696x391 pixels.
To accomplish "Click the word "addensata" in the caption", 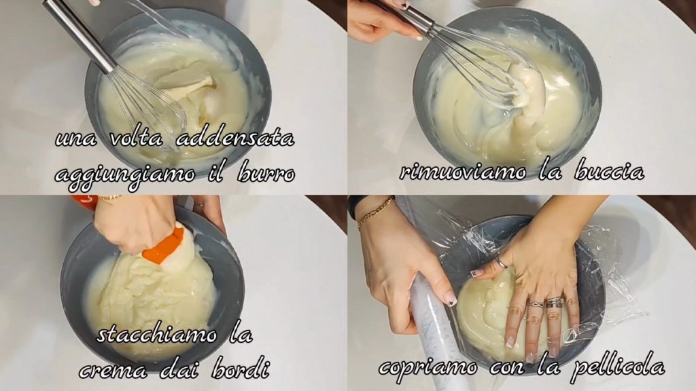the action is click(x=235, y=138).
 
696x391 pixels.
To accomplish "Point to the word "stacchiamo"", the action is click(x=157, y=334).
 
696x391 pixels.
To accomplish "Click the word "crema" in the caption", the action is click(x=114, y=370).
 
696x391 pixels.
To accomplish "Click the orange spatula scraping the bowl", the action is click(x=164, y=246).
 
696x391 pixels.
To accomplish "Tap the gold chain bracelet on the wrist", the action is click(x=375, y=212).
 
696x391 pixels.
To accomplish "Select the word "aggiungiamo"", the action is click(x=125, y=174).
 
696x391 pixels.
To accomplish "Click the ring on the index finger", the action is click(x=500, y=263).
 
